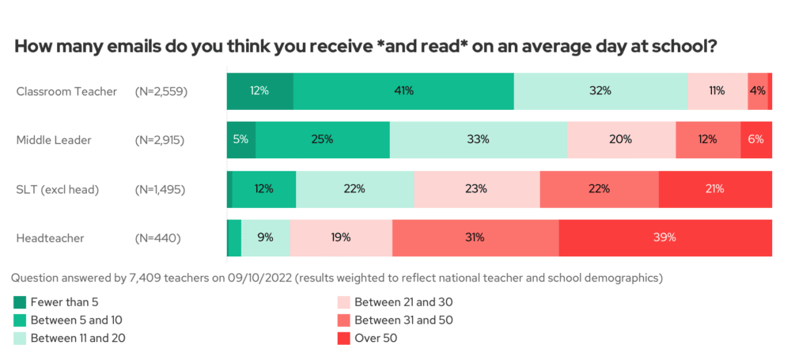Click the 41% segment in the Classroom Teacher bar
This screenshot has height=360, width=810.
coord(403,90)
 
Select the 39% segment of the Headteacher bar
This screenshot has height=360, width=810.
coord(665,237)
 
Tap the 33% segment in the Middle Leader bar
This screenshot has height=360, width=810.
coord(478,139)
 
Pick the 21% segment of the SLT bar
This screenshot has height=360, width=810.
coord(715,188)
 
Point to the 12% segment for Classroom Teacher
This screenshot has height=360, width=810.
coord(259,90)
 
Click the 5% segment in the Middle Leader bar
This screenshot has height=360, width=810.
coord(241,139)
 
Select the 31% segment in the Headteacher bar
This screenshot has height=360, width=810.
coord(475,237)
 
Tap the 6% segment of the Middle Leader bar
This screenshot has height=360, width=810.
coord(756,139)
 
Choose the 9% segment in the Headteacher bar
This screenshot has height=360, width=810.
coord(266,237)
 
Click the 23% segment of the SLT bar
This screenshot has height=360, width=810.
coord(476,188)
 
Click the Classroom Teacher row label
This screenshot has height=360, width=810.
coord(66,91)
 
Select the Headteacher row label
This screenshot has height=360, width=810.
coord(51,237)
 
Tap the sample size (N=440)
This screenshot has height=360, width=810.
coord(158,237)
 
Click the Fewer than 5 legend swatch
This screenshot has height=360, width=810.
coord(21,301)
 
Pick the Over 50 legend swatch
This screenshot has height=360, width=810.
coord(343,339)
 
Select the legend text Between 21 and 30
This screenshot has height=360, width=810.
coord(403,301)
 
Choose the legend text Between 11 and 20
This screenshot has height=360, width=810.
coord(78,339)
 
